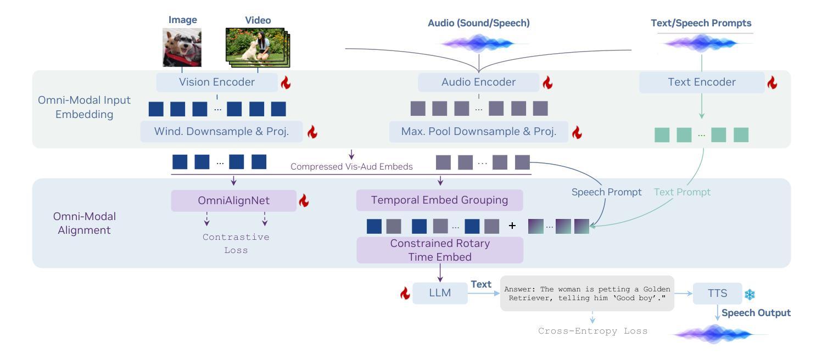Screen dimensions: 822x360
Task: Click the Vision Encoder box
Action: (x=217, y=82)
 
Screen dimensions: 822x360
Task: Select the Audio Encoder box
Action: (x=478, y=82)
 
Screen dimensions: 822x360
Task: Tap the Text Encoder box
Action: (x=702, y=82)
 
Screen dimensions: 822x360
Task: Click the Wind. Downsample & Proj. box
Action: (x=221, y=131)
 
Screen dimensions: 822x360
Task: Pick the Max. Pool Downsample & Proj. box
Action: (x=478, y=131)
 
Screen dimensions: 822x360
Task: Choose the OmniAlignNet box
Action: (x=234, y=200)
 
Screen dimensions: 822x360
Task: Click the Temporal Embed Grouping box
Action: (x=440, y=200)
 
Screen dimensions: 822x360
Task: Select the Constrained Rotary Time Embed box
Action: (x=440, y=250)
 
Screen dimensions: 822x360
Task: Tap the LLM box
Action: (x=440, y=293)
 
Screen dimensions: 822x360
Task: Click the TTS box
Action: (x=718, y=293)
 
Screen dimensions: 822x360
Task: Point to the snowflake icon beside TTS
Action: (x=750, y=294)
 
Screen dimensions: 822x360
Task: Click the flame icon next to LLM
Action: (x=405, y=293)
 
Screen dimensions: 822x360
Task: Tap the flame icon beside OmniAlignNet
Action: (x=304, y=200)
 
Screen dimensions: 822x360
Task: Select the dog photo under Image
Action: (x=182, y=48)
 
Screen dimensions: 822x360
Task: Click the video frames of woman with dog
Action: (x=258, y=47)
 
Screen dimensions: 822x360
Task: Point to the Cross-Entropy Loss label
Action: (x=592, y=331)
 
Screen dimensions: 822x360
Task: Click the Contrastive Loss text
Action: (x=236, y=244)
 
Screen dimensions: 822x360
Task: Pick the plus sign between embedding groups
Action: (x=512, y=226)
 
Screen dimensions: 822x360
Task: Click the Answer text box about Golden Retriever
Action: (x=587, y=293)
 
